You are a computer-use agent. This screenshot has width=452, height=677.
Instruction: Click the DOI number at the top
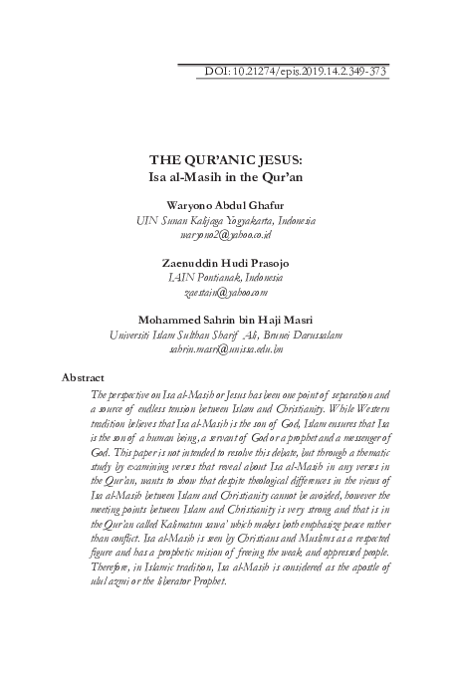[x=296, y=73]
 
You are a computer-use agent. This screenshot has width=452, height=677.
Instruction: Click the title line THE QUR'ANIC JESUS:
[x=226, y=158]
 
